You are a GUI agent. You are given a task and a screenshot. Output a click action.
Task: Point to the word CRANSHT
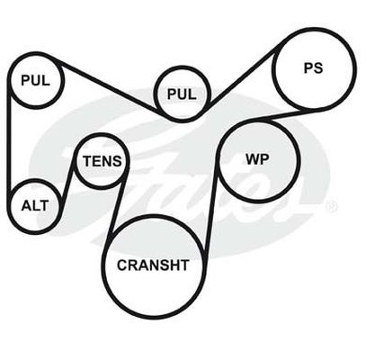(153, 265)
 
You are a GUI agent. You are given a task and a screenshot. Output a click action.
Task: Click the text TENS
(103, 161)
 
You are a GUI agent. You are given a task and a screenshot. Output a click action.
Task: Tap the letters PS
(313, 68)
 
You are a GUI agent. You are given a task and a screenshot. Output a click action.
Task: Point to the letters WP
(257, 159)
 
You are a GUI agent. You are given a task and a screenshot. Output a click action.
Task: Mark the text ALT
(35, 206)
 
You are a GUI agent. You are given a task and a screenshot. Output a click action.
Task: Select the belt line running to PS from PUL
(245, 75)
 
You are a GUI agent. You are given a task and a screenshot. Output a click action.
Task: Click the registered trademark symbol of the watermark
(332, 207)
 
